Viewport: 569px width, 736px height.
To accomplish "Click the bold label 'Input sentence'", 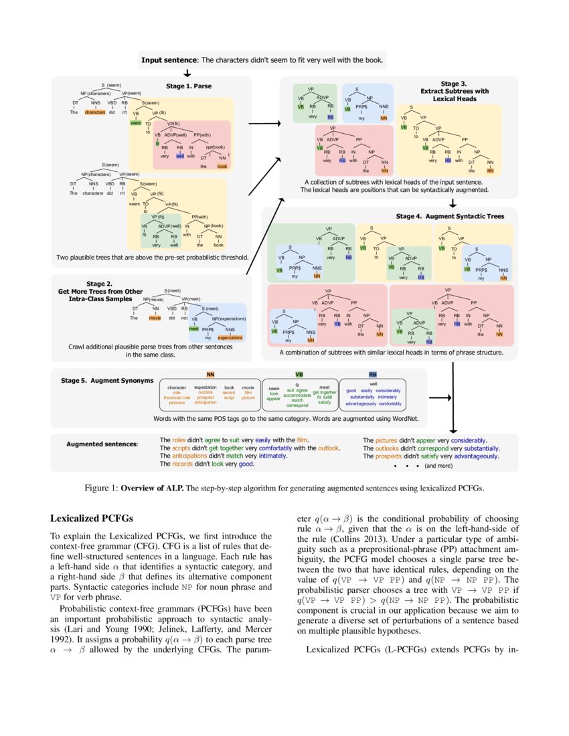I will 169,60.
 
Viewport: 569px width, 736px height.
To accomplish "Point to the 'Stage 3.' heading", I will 454,84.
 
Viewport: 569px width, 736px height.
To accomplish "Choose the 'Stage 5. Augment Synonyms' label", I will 107,380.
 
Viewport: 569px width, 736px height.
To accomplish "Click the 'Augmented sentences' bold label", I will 102,444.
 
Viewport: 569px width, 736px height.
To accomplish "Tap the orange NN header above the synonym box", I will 210,374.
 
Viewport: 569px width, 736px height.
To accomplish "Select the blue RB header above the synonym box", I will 373,374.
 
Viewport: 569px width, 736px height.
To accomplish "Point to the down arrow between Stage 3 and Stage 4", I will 453,203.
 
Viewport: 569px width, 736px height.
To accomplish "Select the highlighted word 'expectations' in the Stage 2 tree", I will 230,338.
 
